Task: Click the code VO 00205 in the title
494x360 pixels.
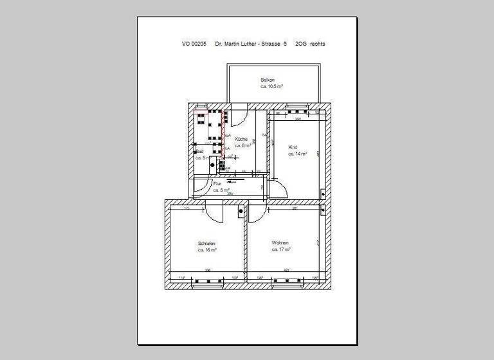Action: [x=194, y=45]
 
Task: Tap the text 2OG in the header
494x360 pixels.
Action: [x=300, y=45]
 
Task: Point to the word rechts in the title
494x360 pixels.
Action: [x=317, y=45]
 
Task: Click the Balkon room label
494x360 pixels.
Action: [x=268, y=80]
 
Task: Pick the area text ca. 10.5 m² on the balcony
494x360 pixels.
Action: [x=271, y=86]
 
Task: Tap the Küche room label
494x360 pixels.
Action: [x=242, y=139]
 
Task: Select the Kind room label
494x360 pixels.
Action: [x=293, y=147]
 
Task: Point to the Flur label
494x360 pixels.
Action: [x=217, y=184]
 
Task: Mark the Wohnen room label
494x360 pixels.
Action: [x=280, y=242]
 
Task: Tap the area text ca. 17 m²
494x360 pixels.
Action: [x=281, y=249]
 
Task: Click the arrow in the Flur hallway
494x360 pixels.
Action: [x=233, y=182]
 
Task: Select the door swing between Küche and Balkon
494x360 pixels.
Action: [x=236, y=116]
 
